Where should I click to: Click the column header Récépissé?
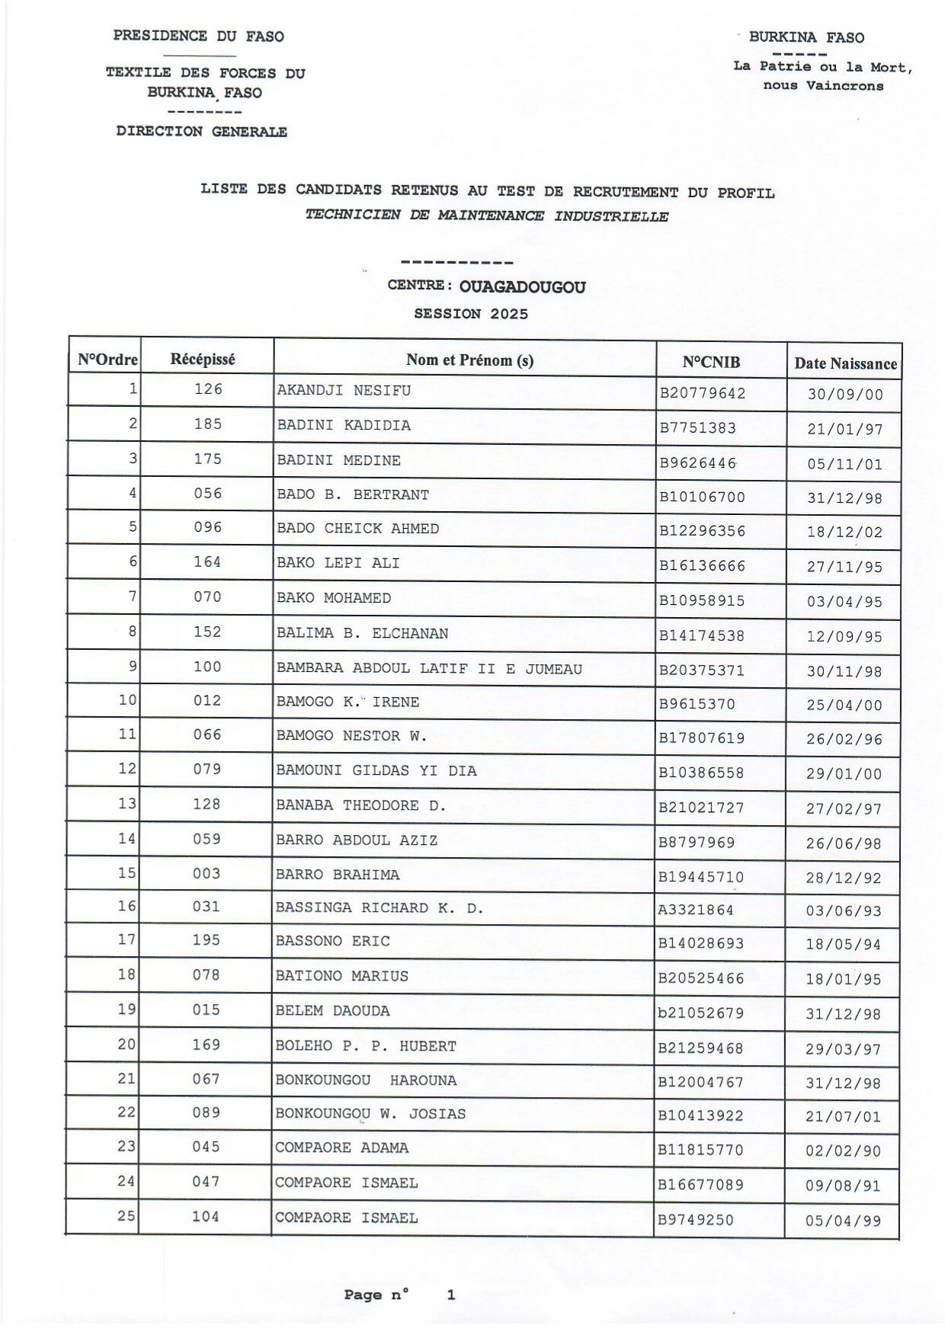[203, 359]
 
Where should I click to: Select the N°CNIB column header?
[711, 362]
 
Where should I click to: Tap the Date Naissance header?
[845, 363]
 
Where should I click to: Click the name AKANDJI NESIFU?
[344, 391]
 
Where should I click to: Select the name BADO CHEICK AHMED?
[357, 529]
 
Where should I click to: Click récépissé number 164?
[207, 562]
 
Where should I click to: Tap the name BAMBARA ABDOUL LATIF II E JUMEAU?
[429, 669]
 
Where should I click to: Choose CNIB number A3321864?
[697, 910]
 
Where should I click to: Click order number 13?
[127, 804]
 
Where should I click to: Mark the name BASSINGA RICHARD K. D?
[380, 908]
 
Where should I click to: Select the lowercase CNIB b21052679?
[701, 1013]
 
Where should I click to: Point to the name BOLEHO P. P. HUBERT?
[366, 1047]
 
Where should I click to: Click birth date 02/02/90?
[843, 1150]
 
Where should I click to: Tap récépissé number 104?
[206, 1217]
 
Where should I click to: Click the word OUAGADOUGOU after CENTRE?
[523, 287]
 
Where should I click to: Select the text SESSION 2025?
[471, 314]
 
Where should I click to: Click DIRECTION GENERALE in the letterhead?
[202, 131]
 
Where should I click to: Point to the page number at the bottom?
[450, 1294]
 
